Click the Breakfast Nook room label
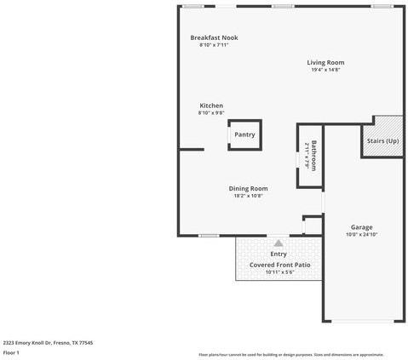[214, 38]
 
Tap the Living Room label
[325, 62]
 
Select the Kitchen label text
[211, 106]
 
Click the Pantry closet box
[244, 134]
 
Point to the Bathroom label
[313, 156]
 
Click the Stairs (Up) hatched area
[382, 140]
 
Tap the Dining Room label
[248, 188]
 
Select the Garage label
[362, 227]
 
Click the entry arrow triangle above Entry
[278, 243]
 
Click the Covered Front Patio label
[279, 265]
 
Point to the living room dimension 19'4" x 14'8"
[325, 70]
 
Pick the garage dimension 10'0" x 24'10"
[362, 235]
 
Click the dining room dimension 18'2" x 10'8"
[248, 196]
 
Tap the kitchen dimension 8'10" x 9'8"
[211, 113]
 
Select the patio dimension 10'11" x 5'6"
[279, 272]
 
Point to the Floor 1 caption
[11, 351]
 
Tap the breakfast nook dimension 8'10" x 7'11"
[214, 45]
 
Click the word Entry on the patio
[279, 254]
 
